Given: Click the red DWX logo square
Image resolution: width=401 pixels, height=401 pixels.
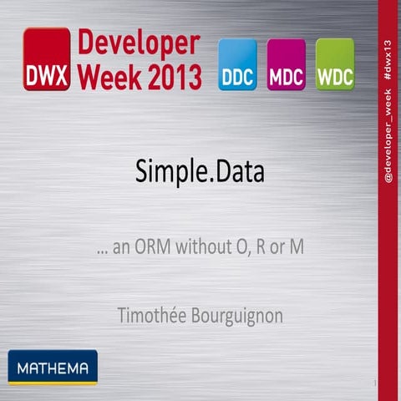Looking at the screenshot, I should (x=46, y=58).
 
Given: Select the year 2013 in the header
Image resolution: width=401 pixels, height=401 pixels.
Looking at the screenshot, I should (x=172, y=76).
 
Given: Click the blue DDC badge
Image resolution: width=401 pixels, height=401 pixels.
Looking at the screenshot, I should (x=237, y=65).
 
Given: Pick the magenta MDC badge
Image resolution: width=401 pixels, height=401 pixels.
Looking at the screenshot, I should (x=286, y=65).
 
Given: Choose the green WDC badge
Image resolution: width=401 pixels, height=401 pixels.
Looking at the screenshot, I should (x=334, y=65).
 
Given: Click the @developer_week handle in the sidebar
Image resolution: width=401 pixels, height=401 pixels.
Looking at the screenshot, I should (x=388, y=133).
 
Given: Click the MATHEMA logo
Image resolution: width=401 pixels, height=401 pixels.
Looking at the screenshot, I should (x=53, y=365).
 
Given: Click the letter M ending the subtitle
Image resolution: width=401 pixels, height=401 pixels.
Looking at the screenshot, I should (x=297, y=249).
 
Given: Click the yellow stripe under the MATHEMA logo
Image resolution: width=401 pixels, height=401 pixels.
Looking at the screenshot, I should (x=53, y=383).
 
